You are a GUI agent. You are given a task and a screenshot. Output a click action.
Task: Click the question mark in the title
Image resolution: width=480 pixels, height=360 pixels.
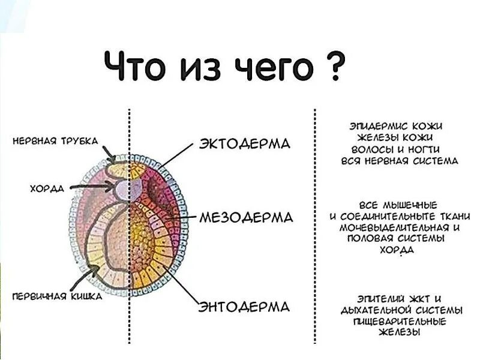click(x=335, y=68)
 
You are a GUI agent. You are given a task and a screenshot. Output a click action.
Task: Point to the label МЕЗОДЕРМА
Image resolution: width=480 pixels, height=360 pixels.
click(x=246, y=217)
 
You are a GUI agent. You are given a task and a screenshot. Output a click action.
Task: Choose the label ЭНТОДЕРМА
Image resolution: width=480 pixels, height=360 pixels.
click(x=245, y=307)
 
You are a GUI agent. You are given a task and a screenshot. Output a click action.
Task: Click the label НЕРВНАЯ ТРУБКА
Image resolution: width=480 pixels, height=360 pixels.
click(x=56, y=141)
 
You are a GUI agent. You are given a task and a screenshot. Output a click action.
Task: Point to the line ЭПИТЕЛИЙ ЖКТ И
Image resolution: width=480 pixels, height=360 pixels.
click(x=399, y=298)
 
